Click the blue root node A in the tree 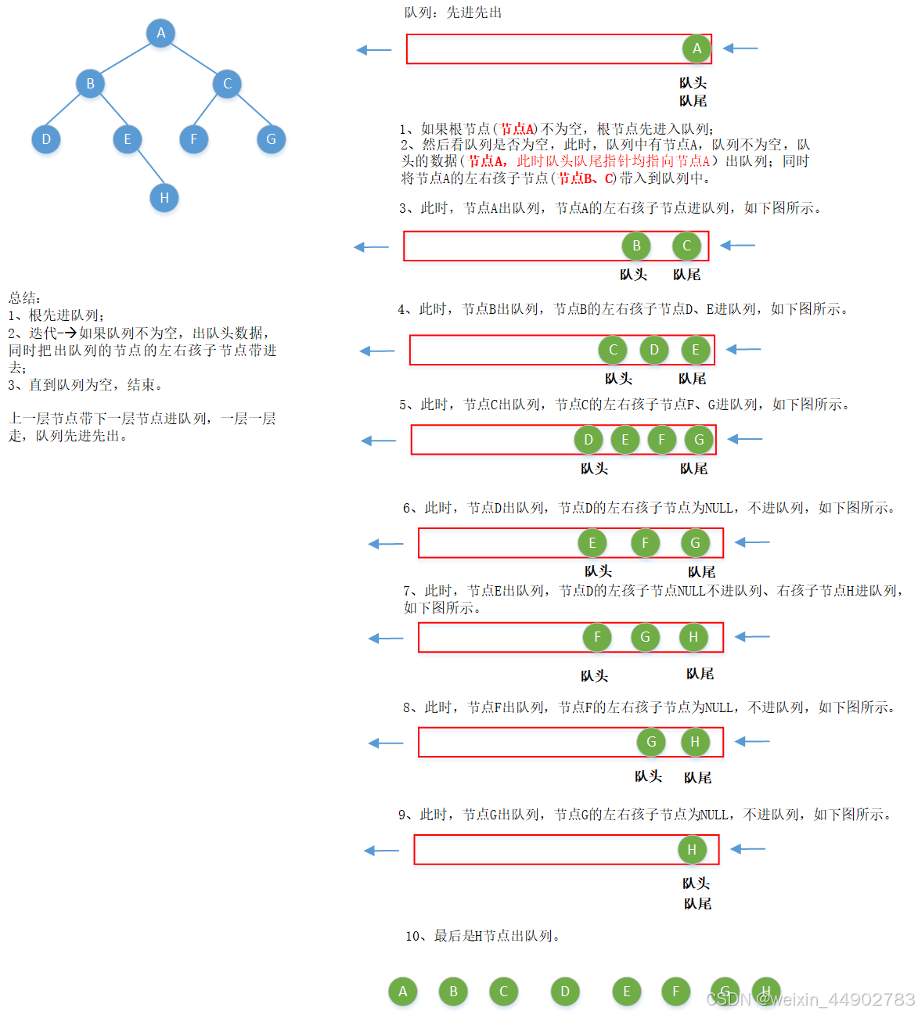point(160,33)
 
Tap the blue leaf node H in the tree point(164,197)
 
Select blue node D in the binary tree point(46,139)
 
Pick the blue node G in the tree point(271,139)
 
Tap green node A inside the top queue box point(697,49)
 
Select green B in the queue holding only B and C point(636,246)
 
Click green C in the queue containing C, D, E point(613,350)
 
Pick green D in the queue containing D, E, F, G point(589,440)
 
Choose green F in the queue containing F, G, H point(597,637)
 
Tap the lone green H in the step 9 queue point(692,850)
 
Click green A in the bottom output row point(403,992)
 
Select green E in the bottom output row point(626,992)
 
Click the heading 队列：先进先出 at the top point(453,13)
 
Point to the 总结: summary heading point(24,297)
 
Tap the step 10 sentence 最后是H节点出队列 point(483,936)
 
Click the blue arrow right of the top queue point(740,49)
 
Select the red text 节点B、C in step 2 point(587,178)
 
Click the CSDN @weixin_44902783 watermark point(811,999)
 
